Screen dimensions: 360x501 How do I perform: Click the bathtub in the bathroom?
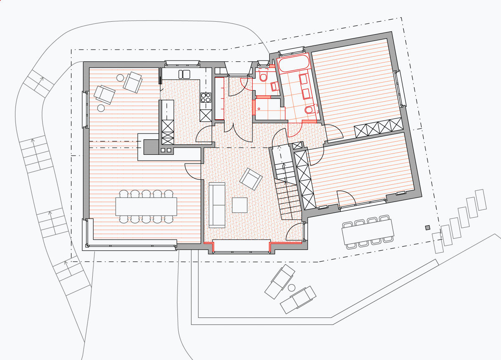click(294, 64)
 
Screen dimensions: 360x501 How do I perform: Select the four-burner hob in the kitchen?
click(206, 98)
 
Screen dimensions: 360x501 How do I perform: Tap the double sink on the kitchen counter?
click(184, 74)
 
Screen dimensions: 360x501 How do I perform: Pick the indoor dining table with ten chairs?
click(146, 206)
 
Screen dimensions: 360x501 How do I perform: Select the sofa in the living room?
click(217, 205)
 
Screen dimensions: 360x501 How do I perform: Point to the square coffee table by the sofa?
click(240, 205)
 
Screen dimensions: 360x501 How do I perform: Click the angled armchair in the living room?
click(251, 179)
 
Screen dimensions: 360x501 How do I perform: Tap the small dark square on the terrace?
click(427, 227)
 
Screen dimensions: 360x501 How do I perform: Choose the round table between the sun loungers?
click(291, 287)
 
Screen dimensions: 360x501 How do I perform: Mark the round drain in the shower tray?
click(260, 108)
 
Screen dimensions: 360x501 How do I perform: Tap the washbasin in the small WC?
click(274, 86)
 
